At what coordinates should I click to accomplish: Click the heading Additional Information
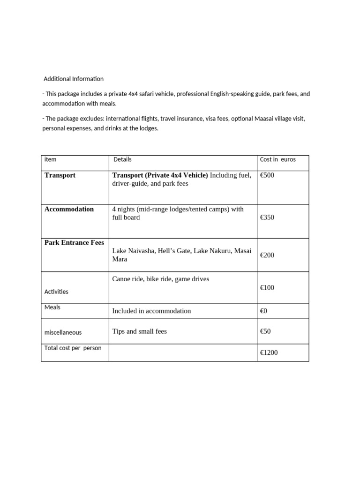(74, 79)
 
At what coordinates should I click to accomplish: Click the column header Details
(122, 159)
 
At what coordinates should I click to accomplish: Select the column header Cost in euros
(277, 159)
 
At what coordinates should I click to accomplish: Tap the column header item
(50, 159)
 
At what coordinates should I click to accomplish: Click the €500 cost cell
(267, 175)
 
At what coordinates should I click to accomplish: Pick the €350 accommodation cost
(267, 217)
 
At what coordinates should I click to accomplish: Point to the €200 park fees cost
(267, 255)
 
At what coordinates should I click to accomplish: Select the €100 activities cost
(267, 287)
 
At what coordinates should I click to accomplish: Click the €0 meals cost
(264, 311)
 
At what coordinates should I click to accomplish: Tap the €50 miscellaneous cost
(265, 331)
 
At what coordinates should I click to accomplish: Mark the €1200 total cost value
(269, 352)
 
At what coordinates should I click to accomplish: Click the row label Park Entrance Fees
(74, 243)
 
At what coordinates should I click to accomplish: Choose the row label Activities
(56, 292)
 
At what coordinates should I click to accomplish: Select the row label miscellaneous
(63, 332)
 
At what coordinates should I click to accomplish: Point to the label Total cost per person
(73, 348)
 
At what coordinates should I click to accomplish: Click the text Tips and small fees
(139, 331)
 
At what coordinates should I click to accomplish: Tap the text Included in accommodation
(151, 311)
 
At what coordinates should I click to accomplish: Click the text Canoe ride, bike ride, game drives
(160, 279)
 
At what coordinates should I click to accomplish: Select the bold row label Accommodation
(69, 209)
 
